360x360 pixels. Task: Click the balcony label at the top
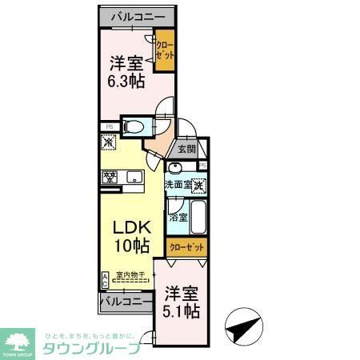(134, 16)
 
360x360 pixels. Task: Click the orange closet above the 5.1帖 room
(186, 246)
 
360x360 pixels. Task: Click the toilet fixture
(134, 126)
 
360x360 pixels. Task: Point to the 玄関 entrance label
(186, 150)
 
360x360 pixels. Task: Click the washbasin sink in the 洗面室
(175, 167)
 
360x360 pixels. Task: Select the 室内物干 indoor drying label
(130, 275)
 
